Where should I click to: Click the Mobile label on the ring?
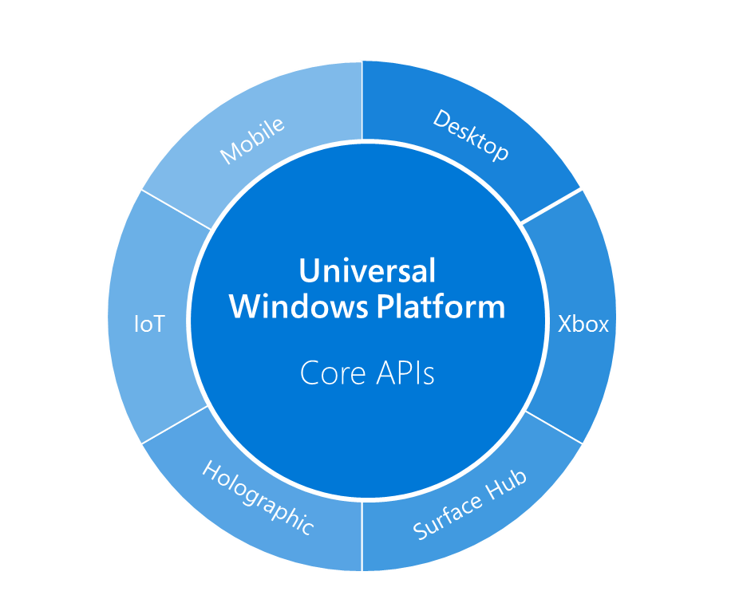click(252, 141)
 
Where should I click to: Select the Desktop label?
click(471, 135)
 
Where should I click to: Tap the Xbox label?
click(583, 325)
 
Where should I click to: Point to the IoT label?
click(148, 325)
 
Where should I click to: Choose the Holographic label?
click(258, 498)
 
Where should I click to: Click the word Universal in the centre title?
click(367, 270)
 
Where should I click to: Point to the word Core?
click(330, 373)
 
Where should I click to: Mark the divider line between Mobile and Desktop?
click(362, 100)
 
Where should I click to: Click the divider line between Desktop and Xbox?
click(551, 207)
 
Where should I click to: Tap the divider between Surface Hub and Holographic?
click(362, 536)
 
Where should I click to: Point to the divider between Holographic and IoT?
click(175, 424)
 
